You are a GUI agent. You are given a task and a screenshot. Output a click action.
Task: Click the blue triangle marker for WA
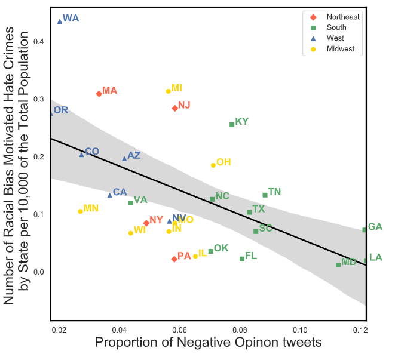pyautogui.click(x=60, y=21)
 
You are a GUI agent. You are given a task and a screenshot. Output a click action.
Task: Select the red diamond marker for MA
pyautogui.click(x=99, y=94)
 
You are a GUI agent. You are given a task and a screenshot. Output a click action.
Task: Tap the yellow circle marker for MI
pyautogui.click(x=168, y=91)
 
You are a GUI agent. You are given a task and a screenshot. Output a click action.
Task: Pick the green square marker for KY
pyautogui.click(x=232, y=124)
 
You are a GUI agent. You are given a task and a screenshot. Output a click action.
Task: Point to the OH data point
pyautogui.click(x=213, y=165)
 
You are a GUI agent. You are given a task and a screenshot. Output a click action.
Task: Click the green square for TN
pyautogui.click(x=265, y=195)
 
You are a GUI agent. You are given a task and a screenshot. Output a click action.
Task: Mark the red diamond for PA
pyautogui.click(x=174, y=259)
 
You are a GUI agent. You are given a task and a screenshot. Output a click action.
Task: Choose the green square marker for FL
pyautogui.click(x=242, y=259)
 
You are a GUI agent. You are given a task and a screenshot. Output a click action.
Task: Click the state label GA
pyautogui.click(x=375, y=227)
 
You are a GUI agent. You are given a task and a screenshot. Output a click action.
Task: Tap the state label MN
pyautogui.click(x=91, y=208)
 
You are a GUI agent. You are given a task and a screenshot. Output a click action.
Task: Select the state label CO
pyautogui.click(x=91, y=152)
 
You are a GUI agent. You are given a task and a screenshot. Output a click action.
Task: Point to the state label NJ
pyautogui.click(x=184, y=105)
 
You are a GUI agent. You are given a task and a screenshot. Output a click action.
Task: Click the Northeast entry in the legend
pyautogui.click(x=343, y=17)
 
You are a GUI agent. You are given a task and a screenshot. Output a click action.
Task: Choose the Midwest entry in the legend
pyautogui.click(x=341, y=49)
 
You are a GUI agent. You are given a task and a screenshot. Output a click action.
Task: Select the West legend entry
pyautogui.click(x=335, y=38)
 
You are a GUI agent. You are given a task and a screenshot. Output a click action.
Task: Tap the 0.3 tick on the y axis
pyautogui.click(x=39, y=99)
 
